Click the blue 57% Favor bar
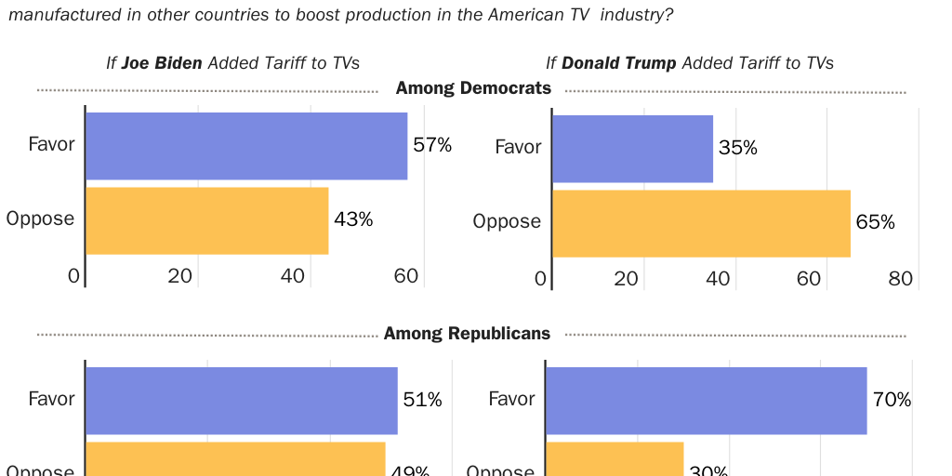(x=246, y=146)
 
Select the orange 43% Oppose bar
(x=207, y=220)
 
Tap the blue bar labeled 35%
(x=632, y=149)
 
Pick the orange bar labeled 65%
(x=701, y=223)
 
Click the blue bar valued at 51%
(x=242, y=401)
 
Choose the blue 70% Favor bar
(x=706, y=401)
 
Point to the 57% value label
(x=432, y=145)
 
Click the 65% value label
(x=876, y=222)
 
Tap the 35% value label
(x=738, y=148)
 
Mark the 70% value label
(x=892, y=400)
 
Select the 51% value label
(x=422, y=400)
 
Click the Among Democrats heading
(x=473, y=88)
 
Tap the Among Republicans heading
(x=467, y=333)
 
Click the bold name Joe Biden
(x=162, y=63)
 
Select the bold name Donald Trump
(x=619, y=63)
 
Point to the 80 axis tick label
(x=900, y=279)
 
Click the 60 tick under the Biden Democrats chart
(x=406, y=276)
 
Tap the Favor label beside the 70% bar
(x=512, y=399)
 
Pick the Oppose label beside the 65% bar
(x=507, y=221)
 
